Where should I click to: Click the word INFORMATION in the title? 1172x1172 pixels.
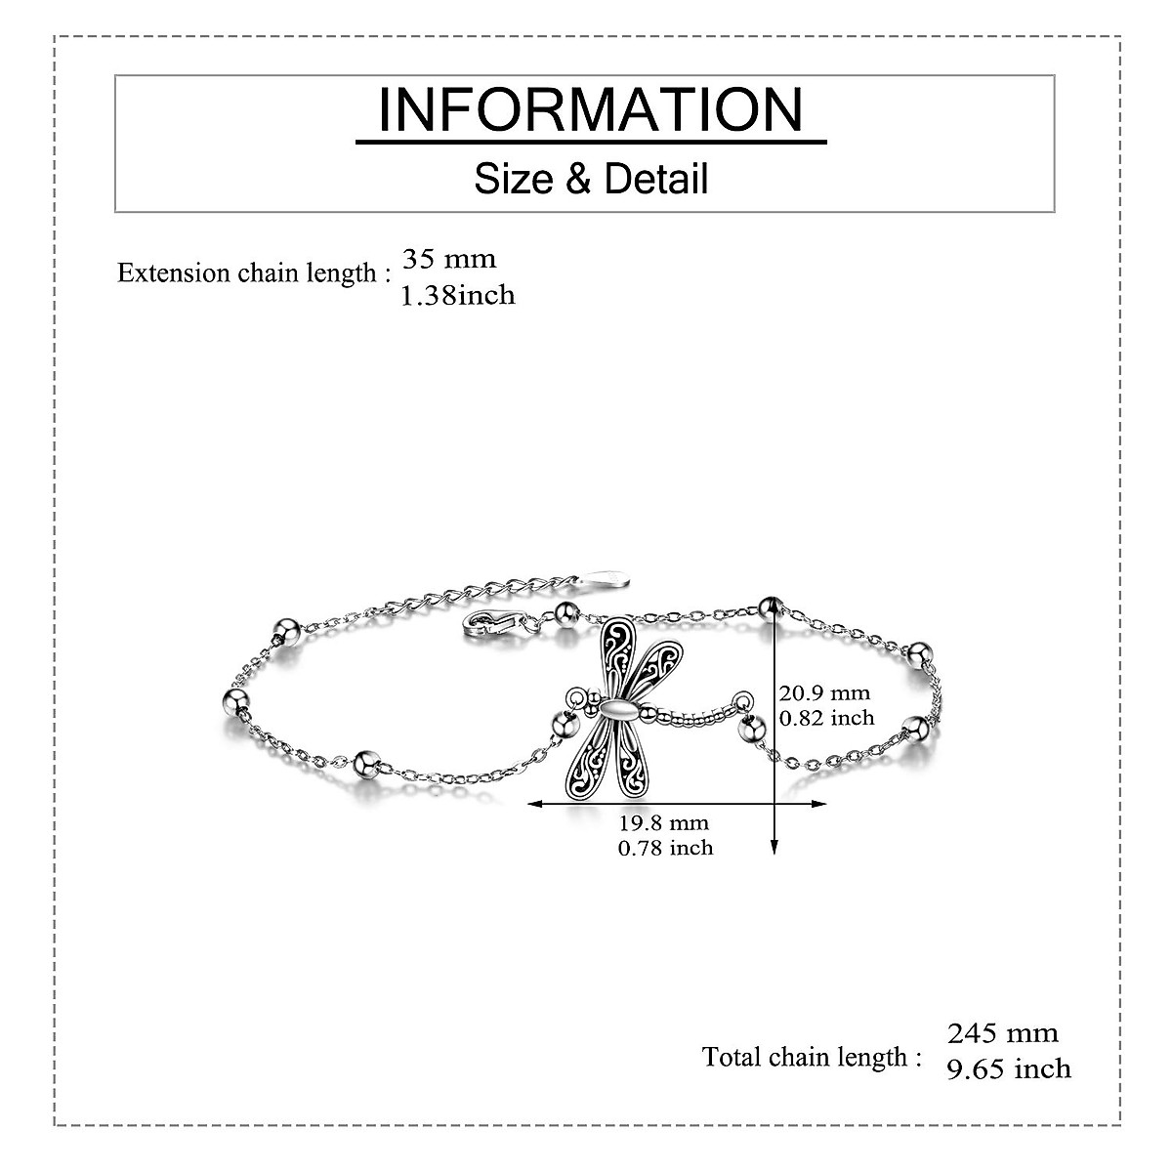591,109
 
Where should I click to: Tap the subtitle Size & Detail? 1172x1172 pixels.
591,179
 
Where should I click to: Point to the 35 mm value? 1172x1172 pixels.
449,259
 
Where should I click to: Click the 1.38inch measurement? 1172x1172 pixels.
458,294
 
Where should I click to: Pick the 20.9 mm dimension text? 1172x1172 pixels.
824,692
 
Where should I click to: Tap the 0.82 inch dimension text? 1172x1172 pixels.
826,718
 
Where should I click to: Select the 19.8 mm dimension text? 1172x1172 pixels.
664,823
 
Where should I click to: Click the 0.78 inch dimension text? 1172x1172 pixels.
665,848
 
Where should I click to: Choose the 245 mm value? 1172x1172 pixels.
1003,1032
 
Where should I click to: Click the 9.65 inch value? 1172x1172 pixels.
1009,1068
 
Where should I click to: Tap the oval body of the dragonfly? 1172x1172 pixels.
619,710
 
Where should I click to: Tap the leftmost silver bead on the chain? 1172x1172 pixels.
235,699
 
